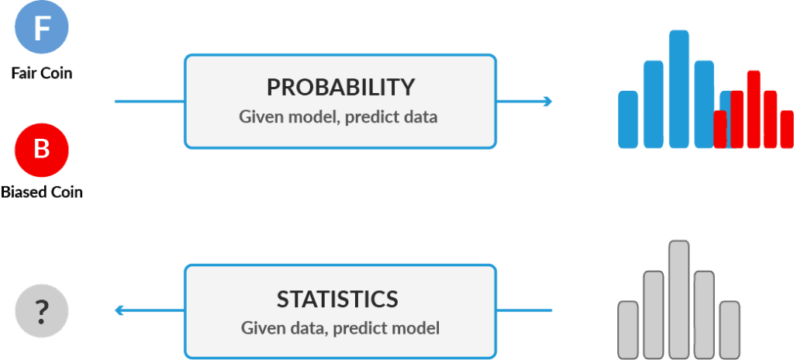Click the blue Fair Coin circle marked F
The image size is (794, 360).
[x=42, y=29]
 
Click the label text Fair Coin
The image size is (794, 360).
[x=42, y=73]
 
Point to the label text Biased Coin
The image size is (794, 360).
[x=42, y=192]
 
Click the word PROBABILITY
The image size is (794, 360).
[x=341, y=87]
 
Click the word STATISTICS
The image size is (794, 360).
[x=337, y=299]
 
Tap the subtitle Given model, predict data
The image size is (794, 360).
[x=338, y=117]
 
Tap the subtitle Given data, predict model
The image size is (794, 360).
[x=340, y=327]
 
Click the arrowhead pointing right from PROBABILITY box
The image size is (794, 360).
[x=547, y=102]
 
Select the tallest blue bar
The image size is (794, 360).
[x=679, y=89]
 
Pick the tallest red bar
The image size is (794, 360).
[x=754, y=109]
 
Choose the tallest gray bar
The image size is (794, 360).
[x=679, y=300]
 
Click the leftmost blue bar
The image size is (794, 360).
[x=628, y=119]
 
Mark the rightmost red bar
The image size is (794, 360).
[x=787, y=130]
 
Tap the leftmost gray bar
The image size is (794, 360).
[x=628, y=331]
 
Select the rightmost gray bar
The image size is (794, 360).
[x=730, y=331]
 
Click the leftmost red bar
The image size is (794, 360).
[x=720, y=130]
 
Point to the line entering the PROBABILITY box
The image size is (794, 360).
[x=150, y=102]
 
